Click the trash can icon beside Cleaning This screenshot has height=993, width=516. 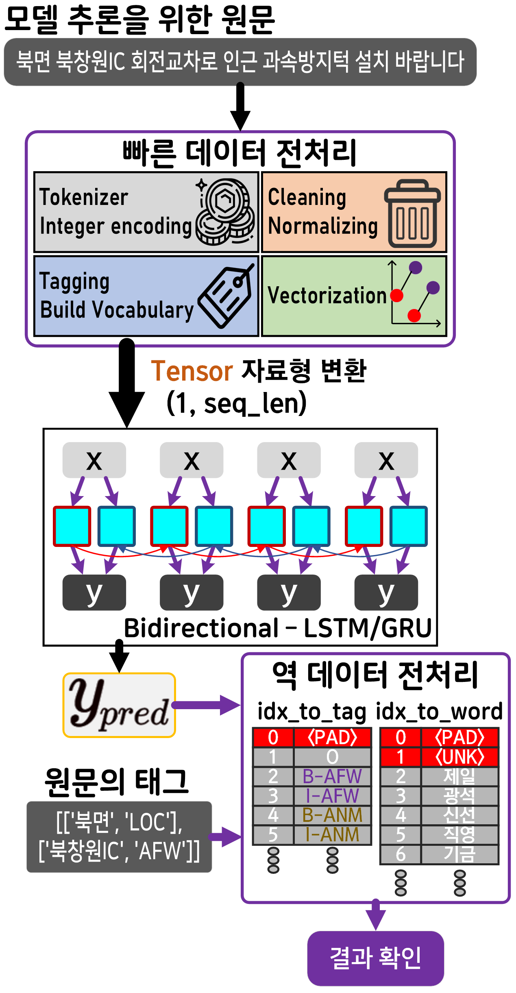pos(412,214)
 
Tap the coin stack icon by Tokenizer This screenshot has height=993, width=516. pos(225,211)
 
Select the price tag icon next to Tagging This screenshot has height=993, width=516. pos(226,296)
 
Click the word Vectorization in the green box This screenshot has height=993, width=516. pos(327,296)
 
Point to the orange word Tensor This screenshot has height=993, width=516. pos(192,371)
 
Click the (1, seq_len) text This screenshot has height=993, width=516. pos(237,403)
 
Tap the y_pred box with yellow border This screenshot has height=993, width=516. pos(119,705)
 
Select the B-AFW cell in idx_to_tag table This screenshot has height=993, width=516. pos(332,776)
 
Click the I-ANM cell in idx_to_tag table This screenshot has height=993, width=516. pos(332,835)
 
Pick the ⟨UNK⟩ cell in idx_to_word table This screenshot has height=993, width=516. pos(459,757)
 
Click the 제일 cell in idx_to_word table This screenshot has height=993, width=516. pos(459,776)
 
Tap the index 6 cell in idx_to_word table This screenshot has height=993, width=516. pos(401,854)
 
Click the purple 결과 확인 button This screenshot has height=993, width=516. pos(375,958)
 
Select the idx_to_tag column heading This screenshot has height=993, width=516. pos(311,712)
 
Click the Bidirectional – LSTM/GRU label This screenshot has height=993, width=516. pos(277,628)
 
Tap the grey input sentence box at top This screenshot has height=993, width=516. pos(240,62)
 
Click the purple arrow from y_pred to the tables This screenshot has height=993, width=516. pos(206,705)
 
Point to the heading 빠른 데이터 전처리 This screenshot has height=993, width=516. pos(240,153)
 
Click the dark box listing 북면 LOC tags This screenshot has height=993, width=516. pos(119,837)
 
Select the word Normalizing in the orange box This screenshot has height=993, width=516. pos(323,226)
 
